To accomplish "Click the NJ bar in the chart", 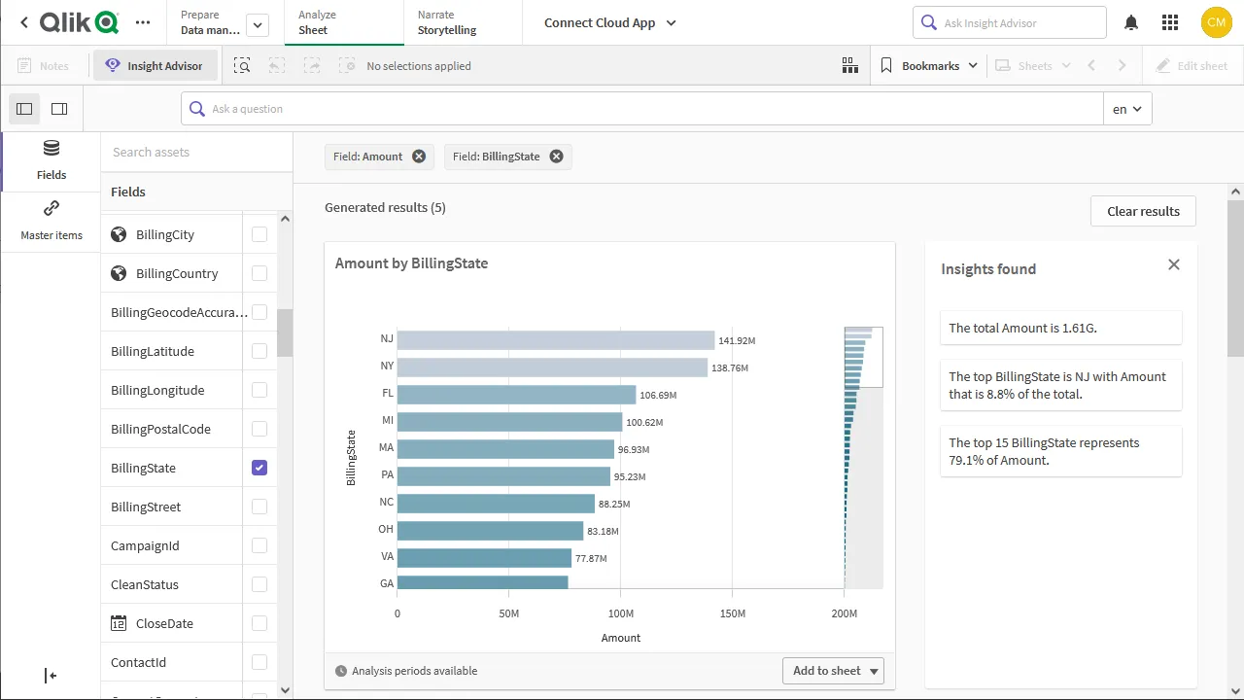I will click(555, 340).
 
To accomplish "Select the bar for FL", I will click(516, 395).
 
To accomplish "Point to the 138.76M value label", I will click(730, 368).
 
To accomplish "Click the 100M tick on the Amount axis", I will click(621, 613).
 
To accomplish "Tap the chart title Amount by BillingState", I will click(411, 263).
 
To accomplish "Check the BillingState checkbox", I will click(259, 468).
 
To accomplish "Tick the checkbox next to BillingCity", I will click(259, 234).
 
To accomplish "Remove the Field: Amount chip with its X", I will click(419, 157).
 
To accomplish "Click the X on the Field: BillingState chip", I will click(556, 157).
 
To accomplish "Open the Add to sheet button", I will click(833, 671).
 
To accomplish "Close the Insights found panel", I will click(1174, 264).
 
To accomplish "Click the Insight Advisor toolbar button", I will click(155, 66).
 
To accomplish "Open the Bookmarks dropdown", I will click(929, 66).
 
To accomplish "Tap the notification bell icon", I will click(1131, 22).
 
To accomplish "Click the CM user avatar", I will click(1216, 22).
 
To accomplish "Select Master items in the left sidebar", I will click(52, 221).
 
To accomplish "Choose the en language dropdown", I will click(1127, 109).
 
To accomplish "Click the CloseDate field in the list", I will click(164, 623).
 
